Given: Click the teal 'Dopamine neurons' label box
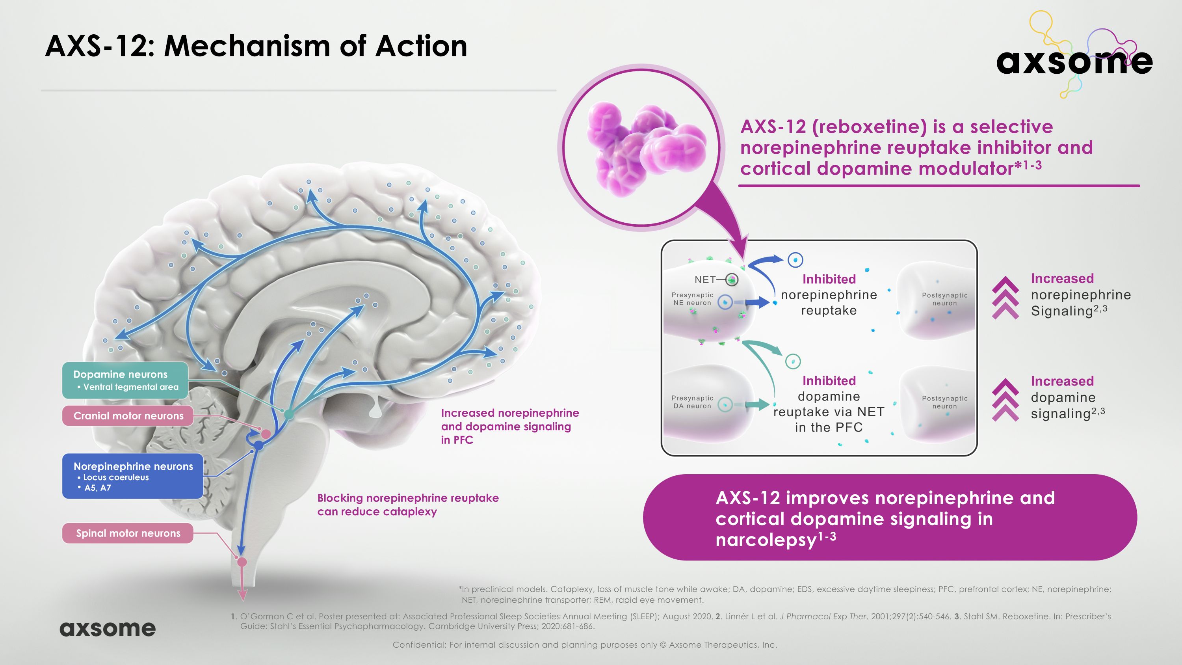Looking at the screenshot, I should [125, 380].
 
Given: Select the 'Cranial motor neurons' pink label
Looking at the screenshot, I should [128, 416].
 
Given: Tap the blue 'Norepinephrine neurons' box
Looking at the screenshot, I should [133, 476].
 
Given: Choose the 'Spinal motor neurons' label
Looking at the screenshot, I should [128, 533].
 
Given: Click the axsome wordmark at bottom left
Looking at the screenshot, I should [108, 628].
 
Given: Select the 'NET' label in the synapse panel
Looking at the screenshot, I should [705, 279].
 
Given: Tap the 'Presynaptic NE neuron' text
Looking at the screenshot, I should [692, 299].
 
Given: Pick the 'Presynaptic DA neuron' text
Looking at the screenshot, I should [692, 402].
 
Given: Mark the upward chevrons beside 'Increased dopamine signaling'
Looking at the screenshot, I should [1005, 400].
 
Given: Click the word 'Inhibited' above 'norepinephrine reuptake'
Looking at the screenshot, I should [829, 279].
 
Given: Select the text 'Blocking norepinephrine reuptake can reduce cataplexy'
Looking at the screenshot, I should [407, 505].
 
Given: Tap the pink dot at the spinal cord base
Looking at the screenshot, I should [242, 562].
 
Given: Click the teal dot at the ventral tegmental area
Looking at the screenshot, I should [289, 414].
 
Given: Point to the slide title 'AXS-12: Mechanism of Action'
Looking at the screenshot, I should [256, 47].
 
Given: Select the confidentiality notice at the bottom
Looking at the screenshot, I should [585, 645].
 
